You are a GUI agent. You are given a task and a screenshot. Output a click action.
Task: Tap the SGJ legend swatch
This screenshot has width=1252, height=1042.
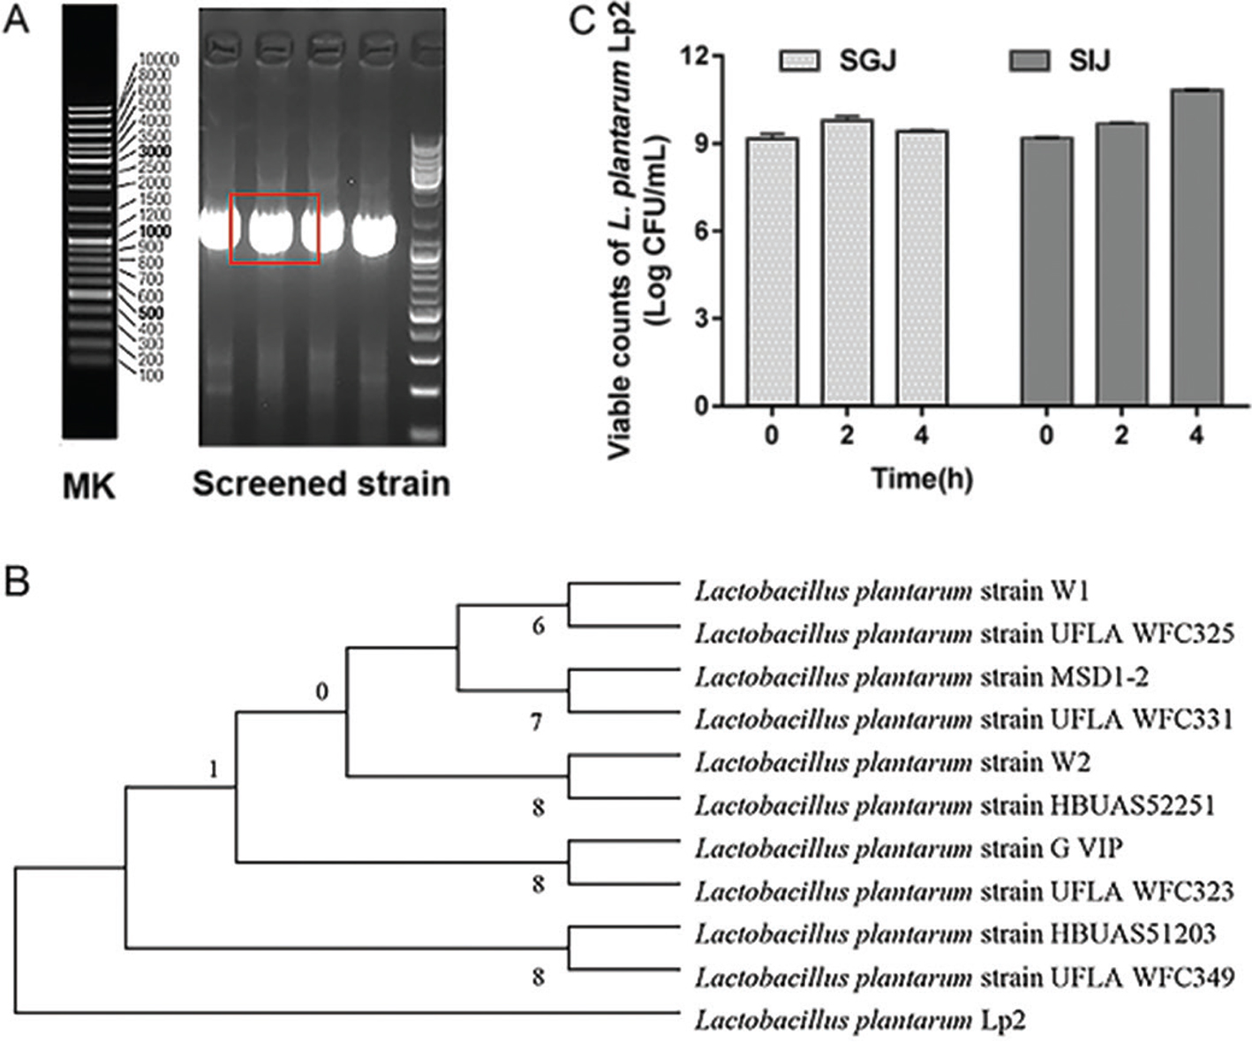pos(799,60)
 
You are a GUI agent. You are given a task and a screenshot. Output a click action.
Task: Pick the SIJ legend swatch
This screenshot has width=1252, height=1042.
pos(1029,60)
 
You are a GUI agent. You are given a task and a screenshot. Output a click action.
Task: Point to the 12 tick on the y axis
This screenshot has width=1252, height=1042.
pos(698,57)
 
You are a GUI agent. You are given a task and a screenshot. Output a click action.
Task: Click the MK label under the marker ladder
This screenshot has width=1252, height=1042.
pos(89,486)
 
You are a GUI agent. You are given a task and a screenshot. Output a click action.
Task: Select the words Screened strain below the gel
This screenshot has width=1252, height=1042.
pos(321,484)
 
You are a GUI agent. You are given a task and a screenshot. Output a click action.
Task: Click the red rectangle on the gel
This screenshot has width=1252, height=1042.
pos(275,229)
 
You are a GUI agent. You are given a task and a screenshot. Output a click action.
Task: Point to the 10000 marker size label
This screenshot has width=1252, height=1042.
pos(160,60)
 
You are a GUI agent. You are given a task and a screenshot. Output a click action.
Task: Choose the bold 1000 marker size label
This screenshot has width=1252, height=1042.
pos(155,231)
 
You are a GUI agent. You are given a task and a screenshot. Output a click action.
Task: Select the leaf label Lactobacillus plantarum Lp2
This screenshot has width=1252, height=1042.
pos(860,1021)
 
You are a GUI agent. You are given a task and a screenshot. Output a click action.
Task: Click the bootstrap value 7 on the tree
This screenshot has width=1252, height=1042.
pos(537,723)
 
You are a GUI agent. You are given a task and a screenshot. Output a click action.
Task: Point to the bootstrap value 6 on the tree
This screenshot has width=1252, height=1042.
pos(539,627)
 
